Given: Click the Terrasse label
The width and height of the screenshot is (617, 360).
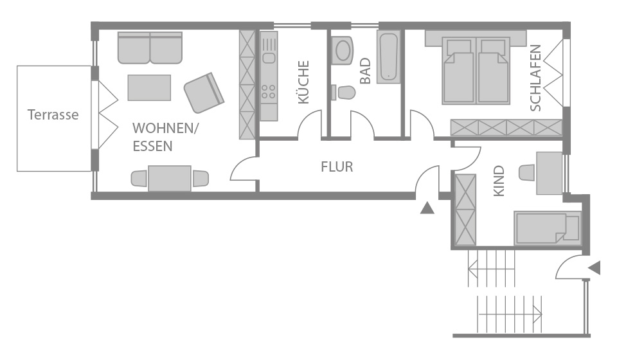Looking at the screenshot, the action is (x=53, y=115).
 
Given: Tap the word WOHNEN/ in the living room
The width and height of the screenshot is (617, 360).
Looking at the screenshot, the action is (x=166, y=129).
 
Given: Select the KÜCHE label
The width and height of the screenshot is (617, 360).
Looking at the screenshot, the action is (x=304, y=82).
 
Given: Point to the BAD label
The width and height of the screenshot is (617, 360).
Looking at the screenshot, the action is (x=366, y=71).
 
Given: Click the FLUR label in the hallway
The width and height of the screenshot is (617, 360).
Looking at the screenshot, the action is (x=337, y=167).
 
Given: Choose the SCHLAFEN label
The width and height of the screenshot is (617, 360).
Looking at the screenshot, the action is (x=535, y=78).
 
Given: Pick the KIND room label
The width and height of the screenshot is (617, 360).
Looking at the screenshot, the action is (x=499, y=181).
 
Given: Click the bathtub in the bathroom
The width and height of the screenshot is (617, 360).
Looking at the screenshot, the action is (x=389, y=57).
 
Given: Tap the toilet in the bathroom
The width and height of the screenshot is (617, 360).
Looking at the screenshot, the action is (x=343, y=93).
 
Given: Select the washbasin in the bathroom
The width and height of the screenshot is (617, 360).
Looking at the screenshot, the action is (x=343, y=50).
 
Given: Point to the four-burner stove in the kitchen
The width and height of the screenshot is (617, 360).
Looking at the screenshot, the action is (x=269, y=92).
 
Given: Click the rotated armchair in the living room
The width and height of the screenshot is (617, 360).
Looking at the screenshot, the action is (x=204, y=93).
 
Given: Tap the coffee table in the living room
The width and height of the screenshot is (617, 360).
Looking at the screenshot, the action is (x=149, y=87).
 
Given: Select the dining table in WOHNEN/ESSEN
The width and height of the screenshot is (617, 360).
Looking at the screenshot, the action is (x=170, y=179).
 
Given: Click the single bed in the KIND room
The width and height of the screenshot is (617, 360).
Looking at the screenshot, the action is (x=547, y=228).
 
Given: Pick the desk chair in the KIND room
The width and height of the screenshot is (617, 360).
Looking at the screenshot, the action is (x=527, y=173).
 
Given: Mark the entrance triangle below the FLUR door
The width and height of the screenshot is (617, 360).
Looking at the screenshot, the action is (x=427, y=208).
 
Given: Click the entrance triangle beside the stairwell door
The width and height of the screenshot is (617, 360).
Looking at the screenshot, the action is (x=594, y=268).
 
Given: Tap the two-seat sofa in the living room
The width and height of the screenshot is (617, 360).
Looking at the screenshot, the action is (x=150, y=48).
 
